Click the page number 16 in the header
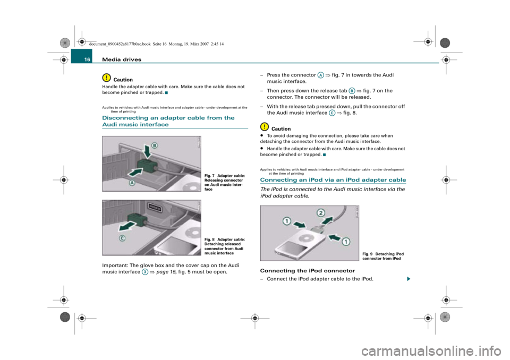coord(87,59)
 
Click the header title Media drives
coord(122,59)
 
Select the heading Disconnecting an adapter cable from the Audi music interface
coord(168,121)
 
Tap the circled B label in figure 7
coord(155,145)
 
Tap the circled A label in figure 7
coord(132,183)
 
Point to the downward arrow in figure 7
coord(147,152)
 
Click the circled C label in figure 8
coord(122,238)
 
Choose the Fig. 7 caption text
coord(224,183)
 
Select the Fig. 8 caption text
coord(224,246)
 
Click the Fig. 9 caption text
coord(383,256)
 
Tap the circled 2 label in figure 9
coord(321,213)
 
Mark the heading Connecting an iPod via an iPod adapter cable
coord(333,180)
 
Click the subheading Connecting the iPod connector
coord(308,271)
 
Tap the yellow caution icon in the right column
coord(265,126)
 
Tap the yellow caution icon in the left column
coord(106,78)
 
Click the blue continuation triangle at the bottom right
coord(409,279)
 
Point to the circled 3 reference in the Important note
coord(145,272)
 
